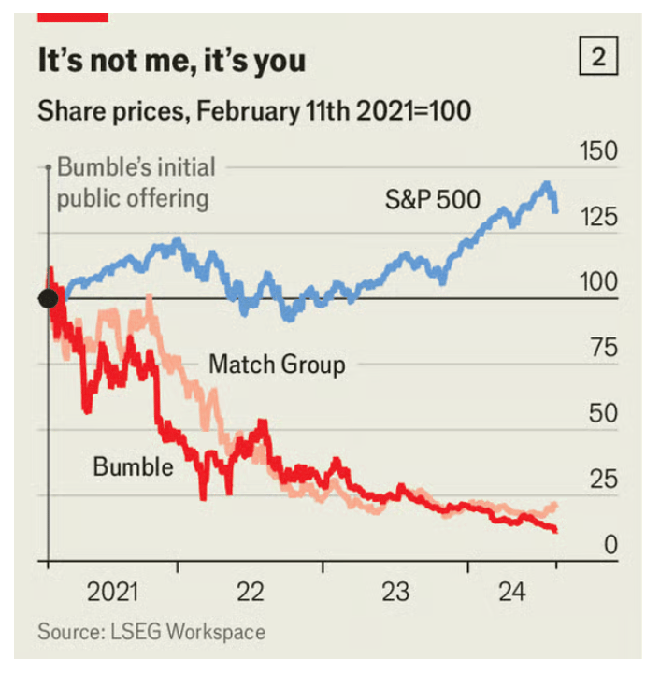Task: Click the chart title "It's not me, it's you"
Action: [171, 62]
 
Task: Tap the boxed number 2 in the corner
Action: [598, 59]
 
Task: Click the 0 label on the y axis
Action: [610, 545]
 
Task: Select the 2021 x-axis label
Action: [113, 592]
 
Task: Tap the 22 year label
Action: [251, 592]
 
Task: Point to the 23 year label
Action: [395, 592]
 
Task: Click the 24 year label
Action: [511, 592]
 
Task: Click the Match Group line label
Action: [277, 364]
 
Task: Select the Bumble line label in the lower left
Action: [133, 465]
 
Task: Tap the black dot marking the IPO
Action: [49, 298]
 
